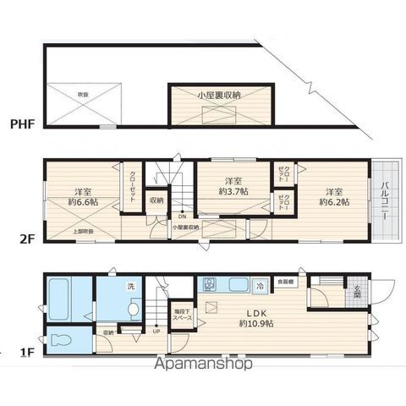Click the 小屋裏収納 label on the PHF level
tap(219, 96)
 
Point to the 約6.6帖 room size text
tap(82, 201)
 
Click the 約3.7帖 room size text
tap(233, 192)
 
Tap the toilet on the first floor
tap(61, 343)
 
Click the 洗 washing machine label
tap(130, 285)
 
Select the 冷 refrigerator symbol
tap(260, 287)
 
